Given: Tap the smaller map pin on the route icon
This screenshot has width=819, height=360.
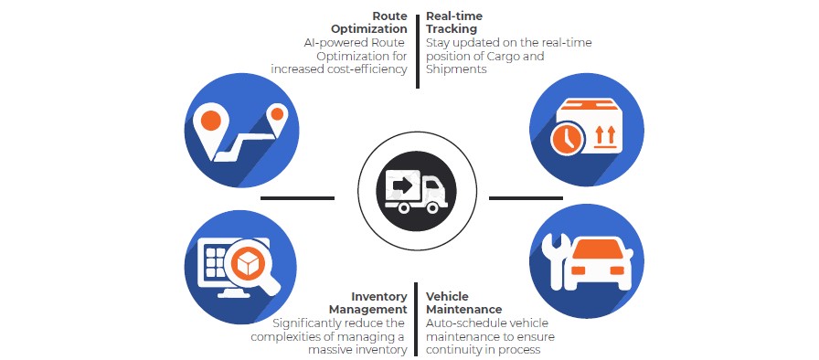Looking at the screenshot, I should tap(276, 116).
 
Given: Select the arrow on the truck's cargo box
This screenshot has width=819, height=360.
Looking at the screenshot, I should tap(401, 185).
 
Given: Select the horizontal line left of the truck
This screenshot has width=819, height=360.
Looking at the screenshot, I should tap(297, 197).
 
